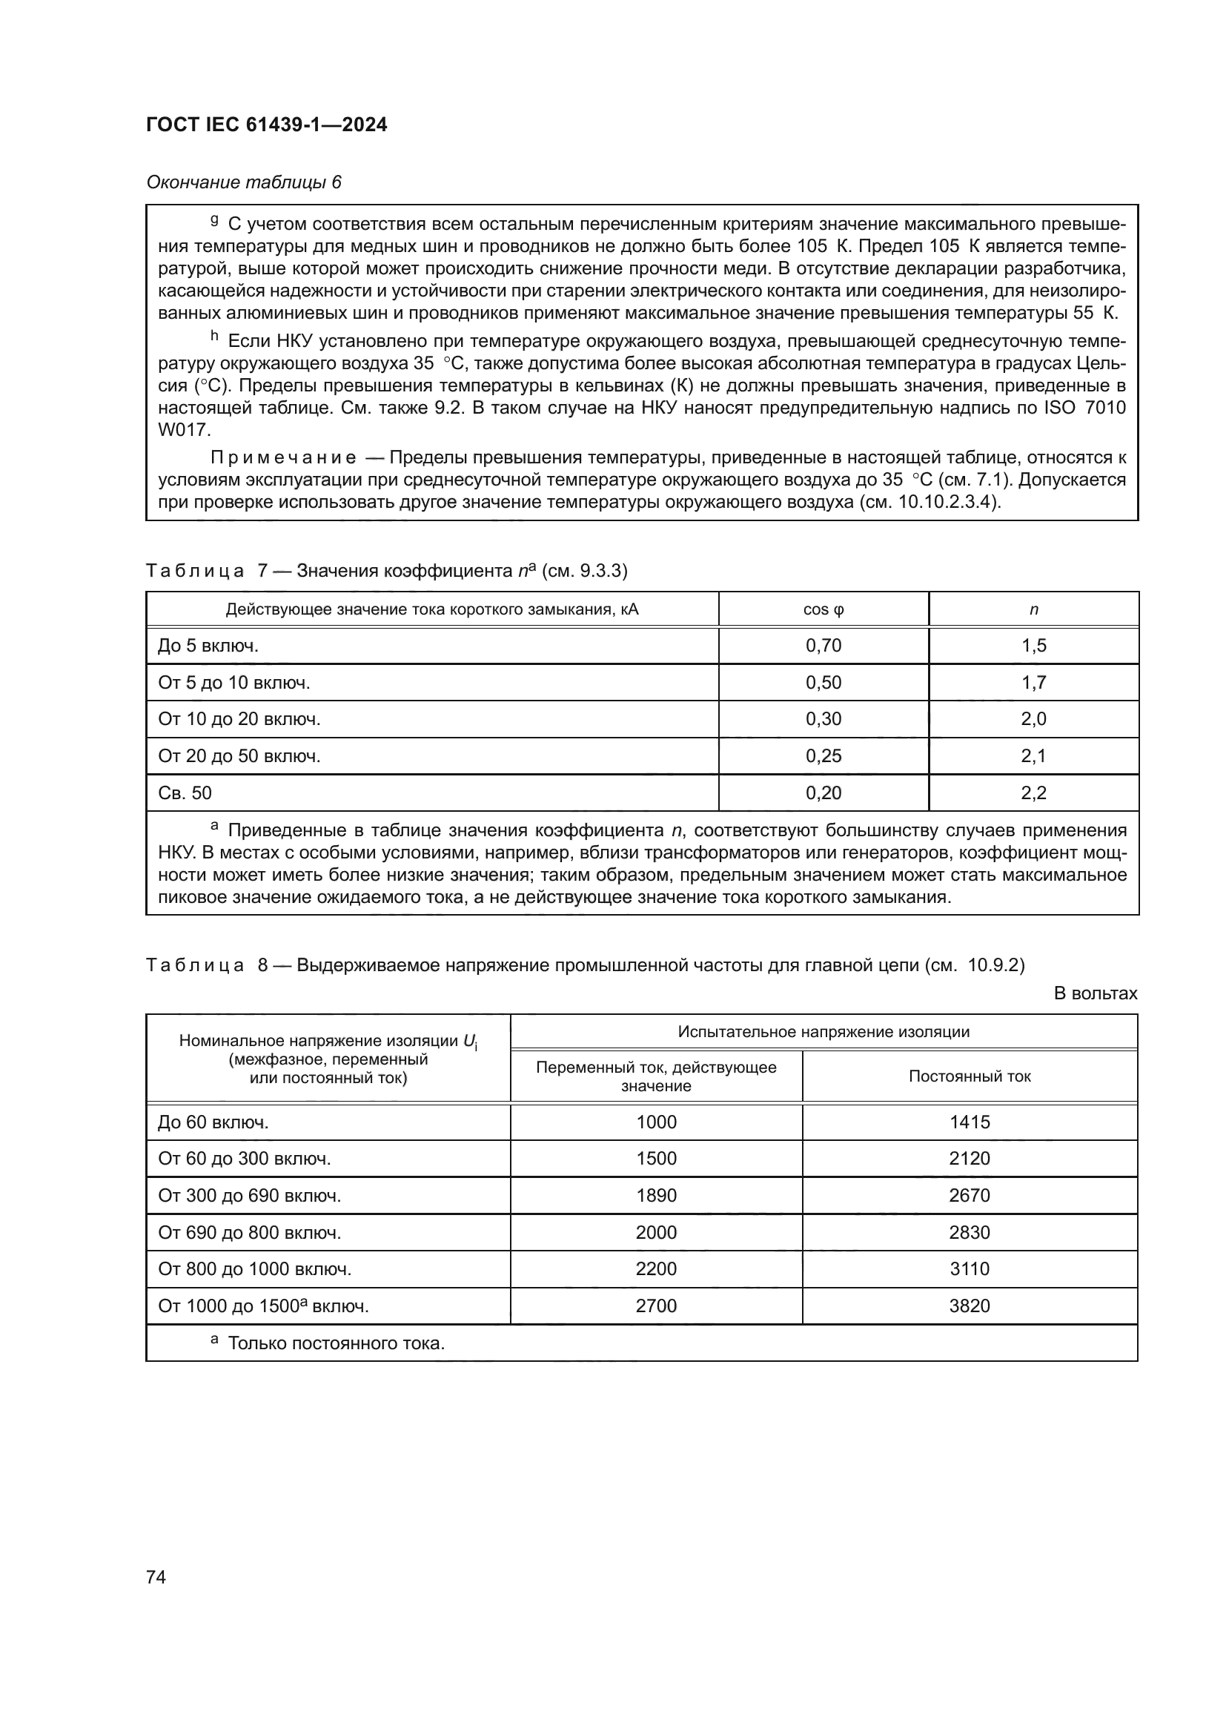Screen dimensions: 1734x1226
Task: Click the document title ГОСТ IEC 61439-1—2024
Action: click(x=267, y=125)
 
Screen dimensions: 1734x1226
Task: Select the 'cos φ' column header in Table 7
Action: click(x=823, y=609)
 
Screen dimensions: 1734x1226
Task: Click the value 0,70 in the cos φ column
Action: click(x=823, y=646)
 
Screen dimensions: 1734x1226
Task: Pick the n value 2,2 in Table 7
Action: click(x=1033, y=793)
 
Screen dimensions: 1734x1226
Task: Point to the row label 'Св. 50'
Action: click(x=185, y=793)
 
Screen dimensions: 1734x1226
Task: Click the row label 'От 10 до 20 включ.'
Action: click(x=239, y=719)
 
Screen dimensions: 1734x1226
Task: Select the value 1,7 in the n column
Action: click(x=1033, y=683)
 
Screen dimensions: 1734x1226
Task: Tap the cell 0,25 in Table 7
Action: click(x=823, y=756)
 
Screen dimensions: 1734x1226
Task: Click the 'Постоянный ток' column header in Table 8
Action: click(x=970, y=1077)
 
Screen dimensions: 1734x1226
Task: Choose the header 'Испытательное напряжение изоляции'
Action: click(x=823, y=1032)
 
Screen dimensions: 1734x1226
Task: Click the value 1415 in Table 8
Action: click(x=970, y=1122)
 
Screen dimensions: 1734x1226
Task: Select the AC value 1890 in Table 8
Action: click(x=656, y=1196)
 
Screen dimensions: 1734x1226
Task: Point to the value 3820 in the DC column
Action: click(x=970, y=1306)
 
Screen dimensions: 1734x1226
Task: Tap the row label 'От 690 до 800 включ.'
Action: click(x=250, y=1233)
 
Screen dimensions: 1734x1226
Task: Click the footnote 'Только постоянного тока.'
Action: click(x=336, y=1343)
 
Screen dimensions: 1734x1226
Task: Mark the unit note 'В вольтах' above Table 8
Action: click(x=1095, y=993)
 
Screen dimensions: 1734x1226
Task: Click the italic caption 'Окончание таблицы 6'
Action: click(x=244, y=182)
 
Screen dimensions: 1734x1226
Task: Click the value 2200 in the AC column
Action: click(x=656, y=1268)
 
